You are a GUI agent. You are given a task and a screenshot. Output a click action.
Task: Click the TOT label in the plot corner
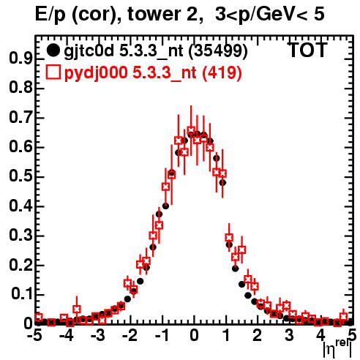coord(307,50)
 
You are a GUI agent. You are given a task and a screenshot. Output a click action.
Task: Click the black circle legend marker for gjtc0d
coord(53,50)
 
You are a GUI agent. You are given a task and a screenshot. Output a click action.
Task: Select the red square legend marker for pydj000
coord(53,72)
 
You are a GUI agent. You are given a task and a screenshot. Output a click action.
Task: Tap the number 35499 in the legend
coord(218,50)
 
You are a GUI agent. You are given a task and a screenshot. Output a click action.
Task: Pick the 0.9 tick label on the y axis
coord(20,59)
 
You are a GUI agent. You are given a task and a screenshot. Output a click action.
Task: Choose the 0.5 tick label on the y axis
coord(20,176)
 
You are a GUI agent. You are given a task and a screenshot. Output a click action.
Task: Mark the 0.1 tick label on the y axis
coord(21,294)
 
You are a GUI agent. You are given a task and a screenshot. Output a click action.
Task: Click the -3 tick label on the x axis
coord(98,336)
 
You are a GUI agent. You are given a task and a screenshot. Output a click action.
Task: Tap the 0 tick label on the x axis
coord(194,336)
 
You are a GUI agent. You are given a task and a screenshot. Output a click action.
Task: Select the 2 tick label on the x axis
coord(257,336)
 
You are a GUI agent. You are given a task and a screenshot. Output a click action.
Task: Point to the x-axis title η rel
coord(338,349)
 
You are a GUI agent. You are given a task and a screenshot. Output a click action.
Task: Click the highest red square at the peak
coord(191,130)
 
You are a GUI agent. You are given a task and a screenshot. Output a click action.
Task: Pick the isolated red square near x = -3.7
coord(77,309)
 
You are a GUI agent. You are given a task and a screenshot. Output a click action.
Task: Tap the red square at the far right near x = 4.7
coord(343,317)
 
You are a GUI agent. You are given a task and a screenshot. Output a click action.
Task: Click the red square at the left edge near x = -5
coord(39,317)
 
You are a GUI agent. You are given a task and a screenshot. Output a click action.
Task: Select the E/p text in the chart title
coord(50,15)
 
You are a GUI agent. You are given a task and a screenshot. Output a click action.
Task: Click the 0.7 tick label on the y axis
coord(20,118)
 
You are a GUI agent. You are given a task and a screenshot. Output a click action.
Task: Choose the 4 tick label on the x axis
coord(320,336)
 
